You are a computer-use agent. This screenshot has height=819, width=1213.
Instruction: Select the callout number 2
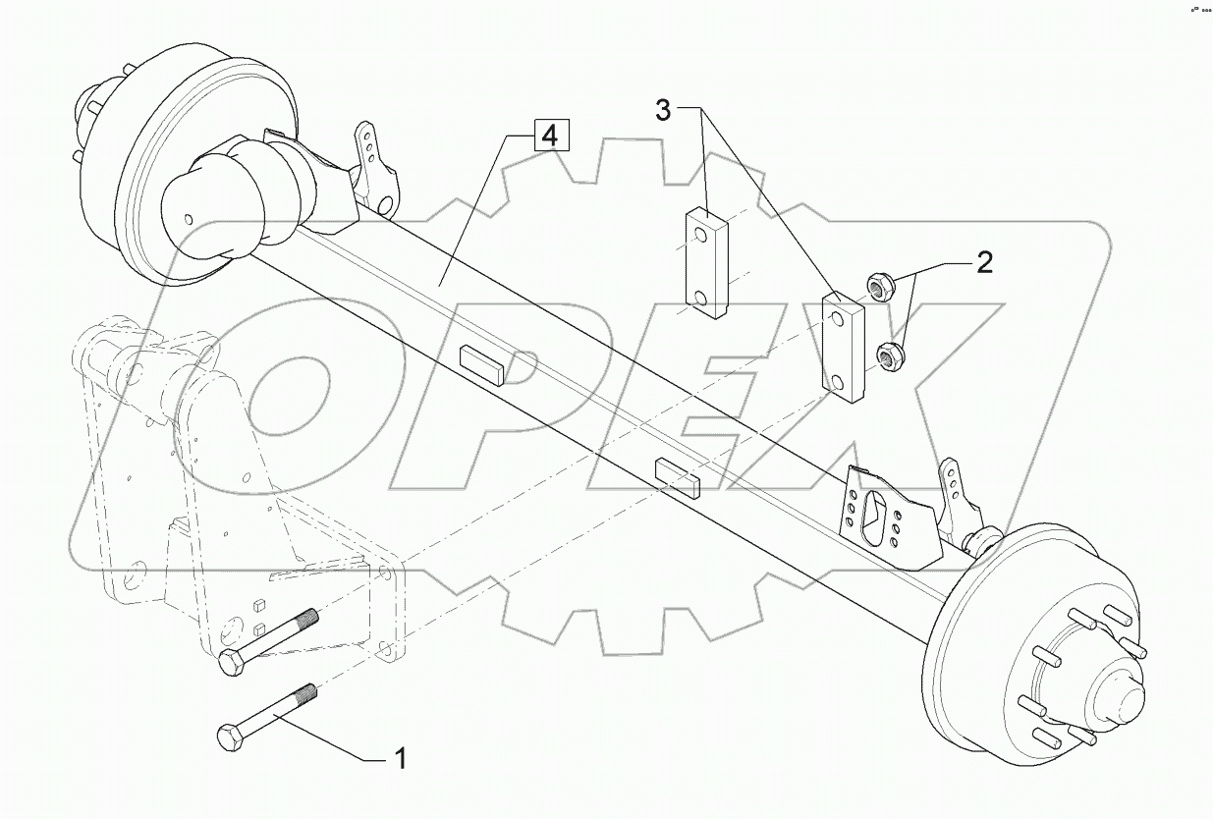point(984,262)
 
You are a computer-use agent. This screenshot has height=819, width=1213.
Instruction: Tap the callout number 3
point(664,111)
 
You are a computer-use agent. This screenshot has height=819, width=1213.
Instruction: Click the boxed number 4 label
point(550,136)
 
